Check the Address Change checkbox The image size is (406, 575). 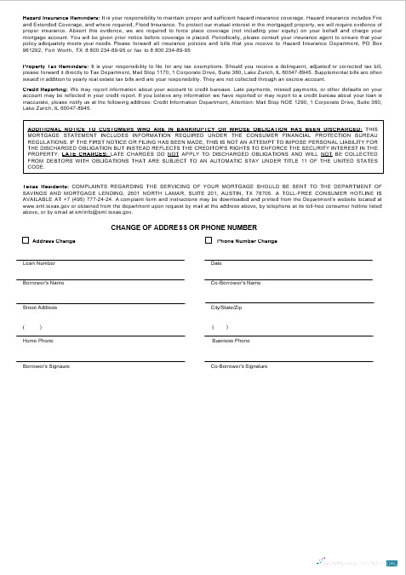pyautogui.click(x=26, y=241)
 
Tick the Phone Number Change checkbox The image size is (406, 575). pyautogui.click(x=209, y=241)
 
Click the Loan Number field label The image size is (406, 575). pyautogui.click(x=36, y=263)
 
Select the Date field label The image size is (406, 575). pyautogui.click(x=215, y=263)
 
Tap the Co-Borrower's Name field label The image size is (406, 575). pyautogui.click(x=235, y=282)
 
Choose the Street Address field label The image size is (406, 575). pyautogui.click(x=40, y=307)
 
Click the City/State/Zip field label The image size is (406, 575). pyautogui.click(x=226, y=307)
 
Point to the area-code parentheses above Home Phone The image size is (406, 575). pyautogui.click(x=32, y=328)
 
